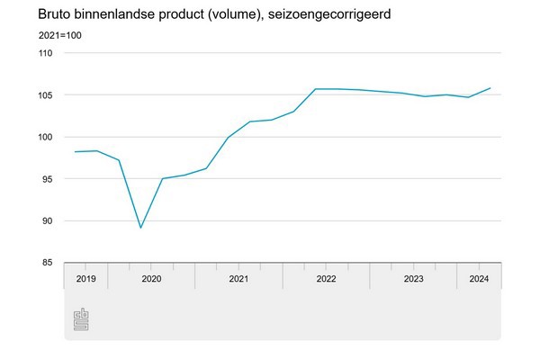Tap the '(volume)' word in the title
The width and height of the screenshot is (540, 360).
click(x=211, y=15)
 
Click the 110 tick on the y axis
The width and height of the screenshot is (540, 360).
click(x=45, y=53)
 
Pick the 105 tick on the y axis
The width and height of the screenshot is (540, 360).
click(x=45, y=95)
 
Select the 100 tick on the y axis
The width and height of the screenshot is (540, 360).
click(x=45, y=137)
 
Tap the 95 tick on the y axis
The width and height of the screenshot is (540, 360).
click(x=47, y=179)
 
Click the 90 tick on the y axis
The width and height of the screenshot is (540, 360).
click(x=47, y=221)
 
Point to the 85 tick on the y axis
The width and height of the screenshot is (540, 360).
click(x=47, y=263)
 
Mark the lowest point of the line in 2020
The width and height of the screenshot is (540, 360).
click(x=140, y=228)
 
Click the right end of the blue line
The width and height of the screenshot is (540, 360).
click(x=490, y=88)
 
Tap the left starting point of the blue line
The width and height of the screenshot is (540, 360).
click(x=75, y=152)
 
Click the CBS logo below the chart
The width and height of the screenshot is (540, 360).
click(x=82, y=319)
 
